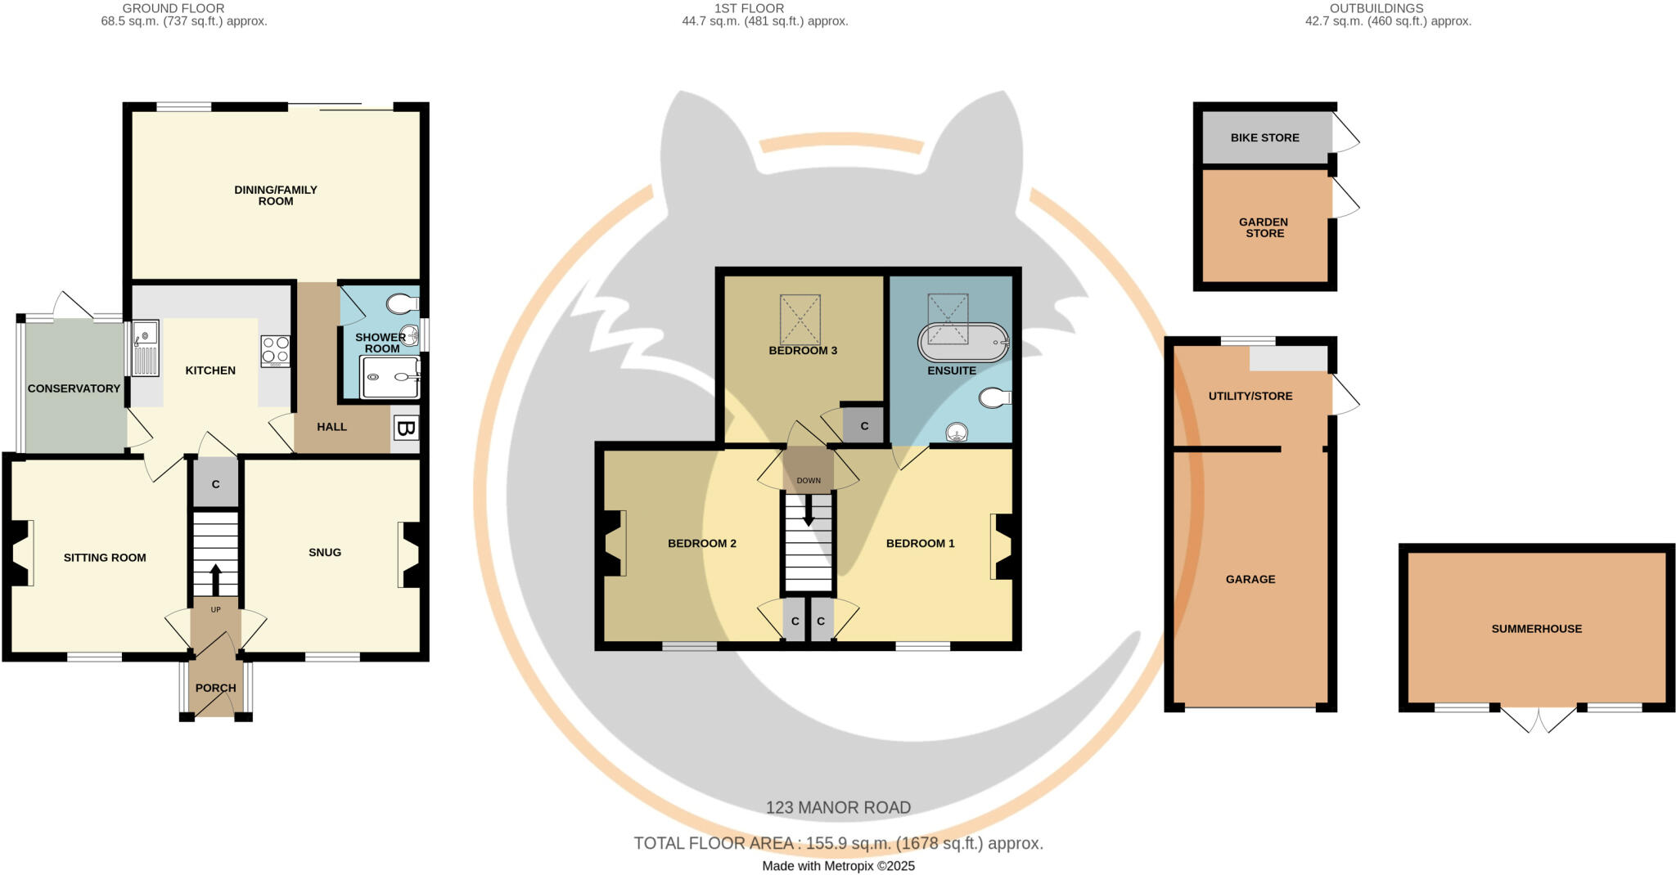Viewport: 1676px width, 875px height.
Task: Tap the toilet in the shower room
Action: tap(401, 305)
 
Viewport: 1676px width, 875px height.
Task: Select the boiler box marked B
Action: tap(405, 429)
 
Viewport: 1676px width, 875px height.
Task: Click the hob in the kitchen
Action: tap(275, 351)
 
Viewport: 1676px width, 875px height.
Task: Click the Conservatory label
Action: tap(74, 388)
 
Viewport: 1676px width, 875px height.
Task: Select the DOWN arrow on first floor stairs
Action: tap(809, 511)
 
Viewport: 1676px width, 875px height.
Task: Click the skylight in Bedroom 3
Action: tap(800, 320)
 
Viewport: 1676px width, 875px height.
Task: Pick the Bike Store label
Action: tap(1264, 137)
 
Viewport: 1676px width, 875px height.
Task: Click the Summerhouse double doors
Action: tap(1538, 718)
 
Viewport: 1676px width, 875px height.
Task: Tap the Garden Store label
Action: tap(1264, 227)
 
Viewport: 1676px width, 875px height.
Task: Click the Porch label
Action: tap(216, 688)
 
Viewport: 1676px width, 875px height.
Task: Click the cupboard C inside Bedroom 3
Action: tap(864, 426)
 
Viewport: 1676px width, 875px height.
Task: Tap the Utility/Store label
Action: tap(1250, 396)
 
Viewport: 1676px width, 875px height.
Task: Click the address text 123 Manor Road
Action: tap(838, 808)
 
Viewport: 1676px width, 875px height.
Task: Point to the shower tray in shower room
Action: tap(390, 377)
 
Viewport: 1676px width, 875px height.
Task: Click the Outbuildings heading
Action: tap(1388, 8)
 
